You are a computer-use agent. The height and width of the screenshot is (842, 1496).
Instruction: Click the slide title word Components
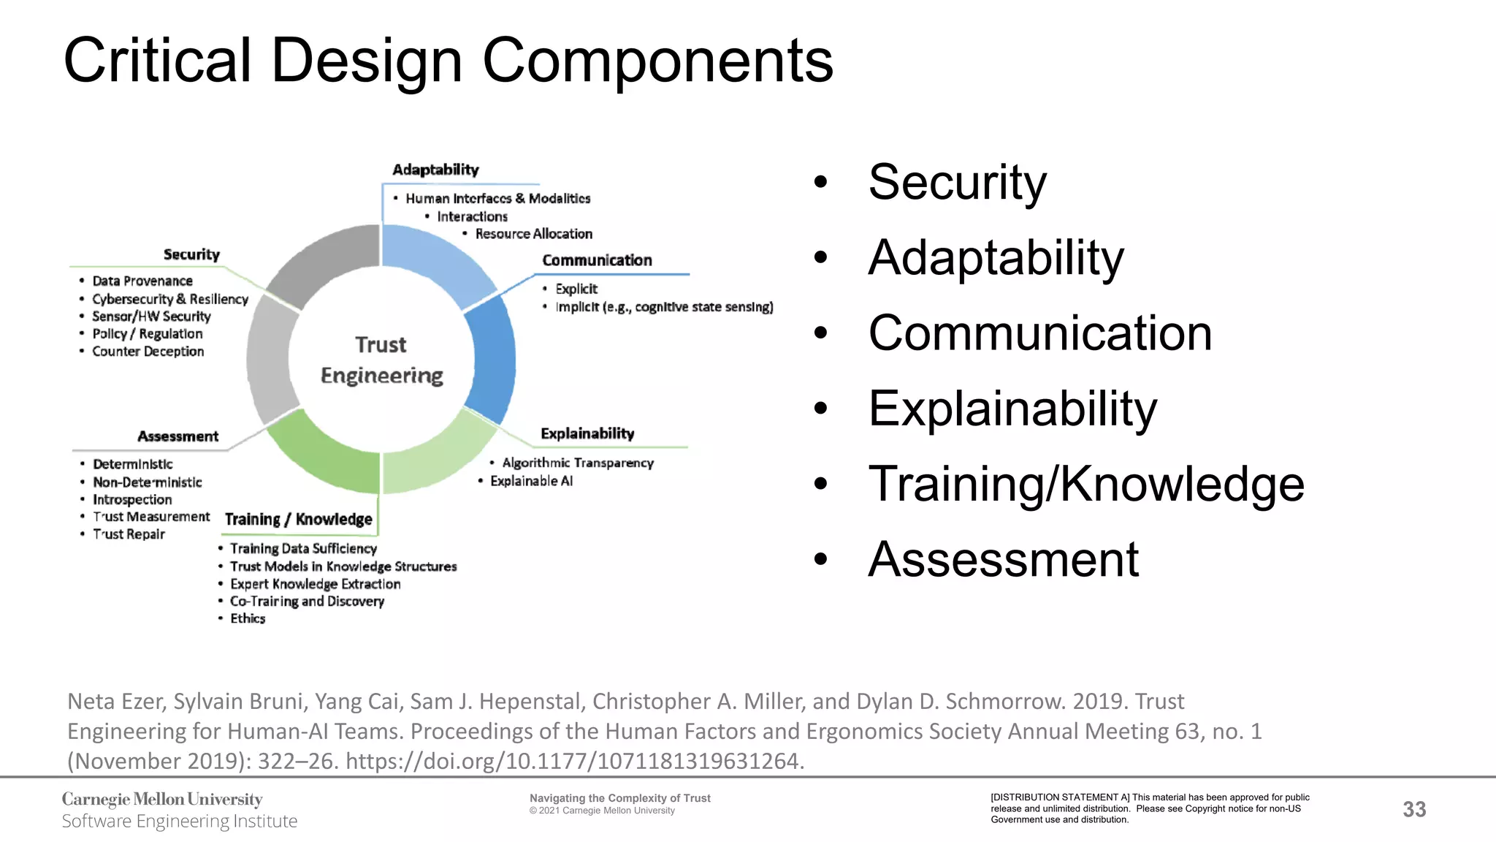coord(657,62)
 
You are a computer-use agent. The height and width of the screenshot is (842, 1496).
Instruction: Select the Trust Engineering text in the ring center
coord(381,360)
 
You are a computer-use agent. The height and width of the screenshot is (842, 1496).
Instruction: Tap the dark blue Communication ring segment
coord(493,358)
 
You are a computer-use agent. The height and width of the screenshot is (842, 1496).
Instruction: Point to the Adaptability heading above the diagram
coord(435,170)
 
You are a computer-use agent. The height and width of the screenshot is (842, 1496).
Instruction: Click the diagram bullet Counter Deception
coord(148,352)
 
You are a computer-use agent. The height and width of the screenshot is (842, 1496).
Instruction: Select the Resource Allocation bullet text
coord(533,234)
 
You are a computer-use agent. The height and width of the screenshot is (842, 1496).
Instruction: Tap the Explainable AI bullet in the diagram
coord(531,481)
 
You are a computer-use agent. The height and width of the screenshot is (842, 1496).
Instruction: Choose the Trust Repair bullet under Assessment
coord(129,534)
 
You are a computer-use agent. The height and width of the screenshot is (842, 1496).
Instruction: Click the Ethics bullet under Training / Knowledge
coord(248,618)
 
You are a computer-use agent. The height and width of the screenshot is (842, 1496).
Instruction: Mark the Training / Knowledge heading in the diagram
coord(298,520)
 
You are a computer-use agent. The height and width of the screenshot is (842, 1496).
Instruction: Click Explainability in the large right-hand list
coord(1012,409)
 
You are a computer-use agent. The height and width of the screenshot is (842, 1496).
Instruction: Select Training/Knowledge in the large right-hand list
coord(1085,484)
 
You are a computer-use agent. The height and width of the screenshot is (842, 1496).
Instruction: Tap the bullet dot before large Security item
coord(821,182)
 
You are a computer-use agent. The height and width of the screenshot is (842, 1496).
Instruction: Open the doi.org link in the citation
coord(574,761)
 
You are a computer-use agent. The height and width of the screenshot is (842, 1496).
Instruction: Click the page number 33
coord(1414,809)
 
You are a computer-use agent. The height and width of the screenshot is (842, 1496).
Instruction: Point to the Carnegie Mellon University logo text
coord(162,800)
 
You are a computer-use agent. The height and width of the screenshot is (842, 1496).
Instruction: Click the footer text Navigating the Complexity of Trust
coord(619,798)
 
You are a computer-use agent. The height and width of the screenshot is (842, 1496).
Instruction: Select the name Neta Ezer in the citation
coord(115,702)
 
